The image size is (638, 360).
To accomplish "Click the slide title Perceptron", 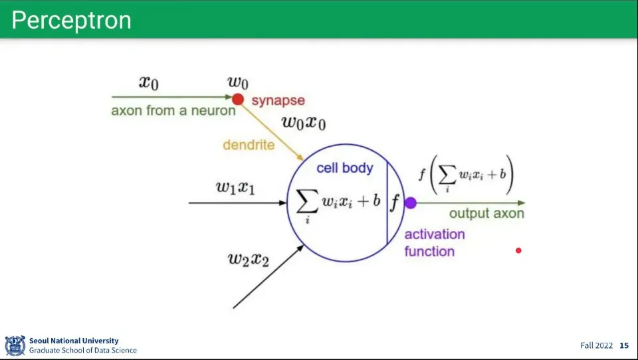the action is tap(72, 21).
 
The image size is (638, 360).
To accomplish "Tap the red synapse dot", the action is tap(238, 99).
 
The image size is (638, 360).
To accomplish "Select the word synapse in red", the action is tap(278, 100).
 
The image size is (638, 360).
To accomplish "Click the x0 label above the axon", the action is tap(148, 82).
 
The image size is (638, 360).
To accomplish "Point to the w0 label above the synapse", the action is tap(238, 82).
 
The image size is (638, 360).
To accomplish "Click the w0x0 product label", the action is tap(304, 122).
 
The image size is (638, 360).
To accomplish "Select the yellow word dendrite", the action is tap(249, 145).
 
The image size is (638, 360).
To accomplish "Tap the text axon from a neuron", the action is tap(173, 111).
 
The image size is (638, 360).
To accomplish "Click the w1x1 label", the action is tap(235, 187).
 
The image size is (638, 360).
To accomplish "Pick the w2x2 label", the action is tap(248, 259).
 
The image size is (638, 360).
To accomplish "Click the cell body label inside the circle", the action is tap(345, 167).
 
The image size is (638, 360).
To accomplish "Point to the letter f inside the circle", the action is tap(394, 202).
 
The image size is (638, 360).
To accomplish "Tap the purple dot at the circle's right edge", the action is tap(411, 203).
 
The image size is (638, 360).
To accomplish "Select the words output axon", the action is tap(486, 213).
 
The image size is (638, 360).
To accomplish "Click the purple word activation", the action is tap(435, 234).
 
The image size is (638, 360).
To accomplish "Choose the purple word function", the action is tap(429, 251).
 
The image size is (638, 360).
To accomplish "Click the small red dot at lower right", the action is tap(518, 250).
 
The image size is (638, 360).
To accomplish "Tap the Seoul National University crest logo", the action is tap(15, 346).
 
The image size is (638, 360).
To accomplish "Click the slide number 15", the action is tap(624, 345).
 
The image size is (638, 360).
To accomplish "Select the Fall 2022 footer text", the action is tap(596, 345).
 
